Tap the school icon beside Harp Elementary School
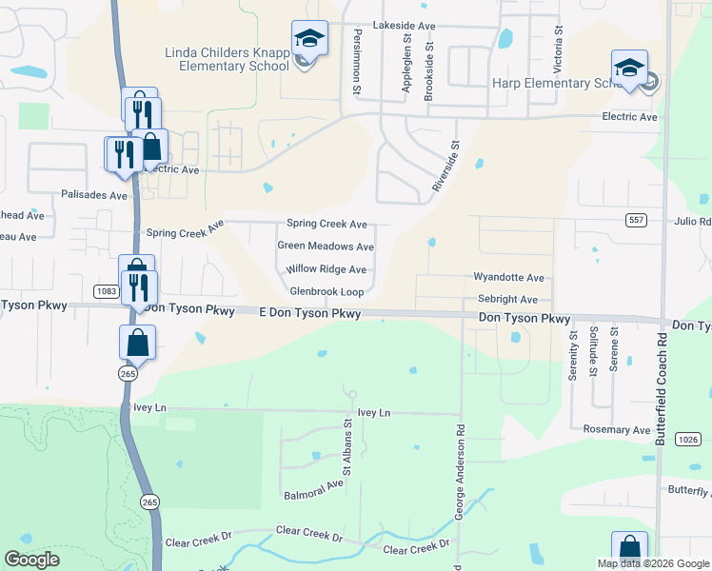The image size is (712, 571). (629, 69)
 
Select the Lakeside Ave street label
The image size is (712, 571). (405, 25)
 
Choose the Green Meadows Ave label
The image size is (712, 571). (325, 246)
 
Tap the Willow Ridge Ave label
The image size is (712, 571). (326, 269)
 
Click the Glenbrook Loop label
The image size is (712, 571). (326, 292)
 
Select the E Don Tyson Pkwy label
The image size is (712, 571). (309, 313)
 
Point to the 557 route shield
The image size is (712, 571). (637, 220)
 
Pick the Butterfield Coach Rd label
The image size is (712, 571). (660, 389)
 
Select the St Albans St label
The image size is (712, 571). (347, 450)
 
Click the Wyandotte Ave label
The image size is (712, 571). (508, 278)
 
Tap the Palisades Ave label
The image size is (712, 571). (92, 195)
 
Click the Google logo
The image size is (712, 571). (32, 560)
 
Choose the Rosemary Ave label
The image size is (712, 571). (617, 430)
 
